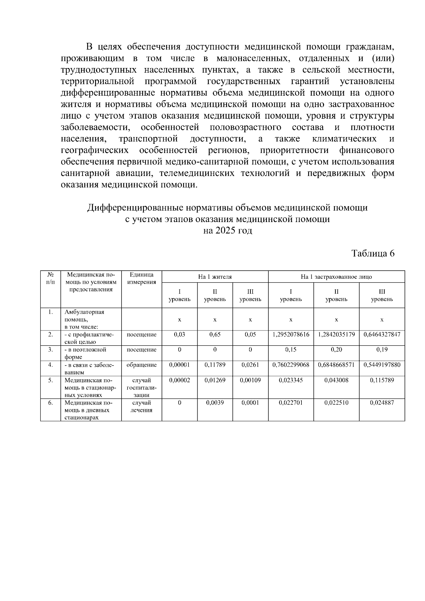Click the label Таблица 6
tap(373, 254)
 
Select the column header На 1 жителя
tap(215, 277)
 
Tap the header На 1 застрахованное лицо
tap(336, 277)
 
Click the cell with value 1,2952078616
tap(291, 334)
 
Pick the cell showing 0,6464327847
tap(382, 334)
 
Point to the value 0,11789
tap(215, 365)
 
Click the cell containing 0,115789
tap(382, 380)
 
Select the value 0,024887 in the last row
tap(382, 403)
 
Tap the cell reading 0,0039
tap(215, 403)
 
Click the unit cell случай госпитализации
tap(142, 387)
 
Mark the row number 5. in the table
tap(51, 380)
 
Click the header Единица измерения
tap(142, 278)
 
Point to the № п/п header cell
tap(51, 278)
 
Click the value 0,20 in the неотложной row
tap(336, 350)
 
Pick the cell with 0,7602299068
tap(291, 365)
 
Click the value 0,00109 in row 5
tap(250, 380)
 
